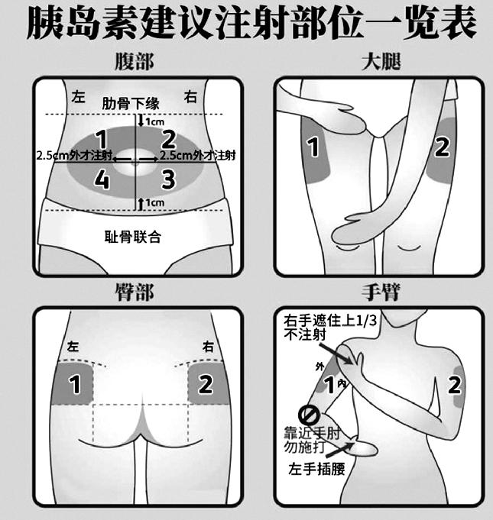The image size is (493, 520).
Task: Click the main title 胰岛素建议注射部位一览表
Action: (246, 24)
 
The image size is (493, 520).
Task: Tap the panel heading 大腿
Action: (382, 62)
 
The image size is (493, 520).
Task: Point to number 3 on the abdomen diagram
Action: (168, 179)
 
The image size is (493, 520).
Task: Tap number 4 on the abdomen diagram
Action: (101, 179)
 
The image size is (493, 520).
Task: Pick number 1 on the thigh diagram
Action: (313, 147)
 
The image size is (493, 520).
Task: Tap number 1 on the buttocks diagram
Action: (75, 384)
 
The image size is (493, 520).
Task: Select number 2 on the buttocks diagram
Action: (205, 384)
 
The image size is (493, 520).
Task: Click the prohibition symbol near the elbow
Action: (307, 416)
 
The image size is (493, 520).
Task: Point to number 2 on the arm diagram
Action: (455, 384)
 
